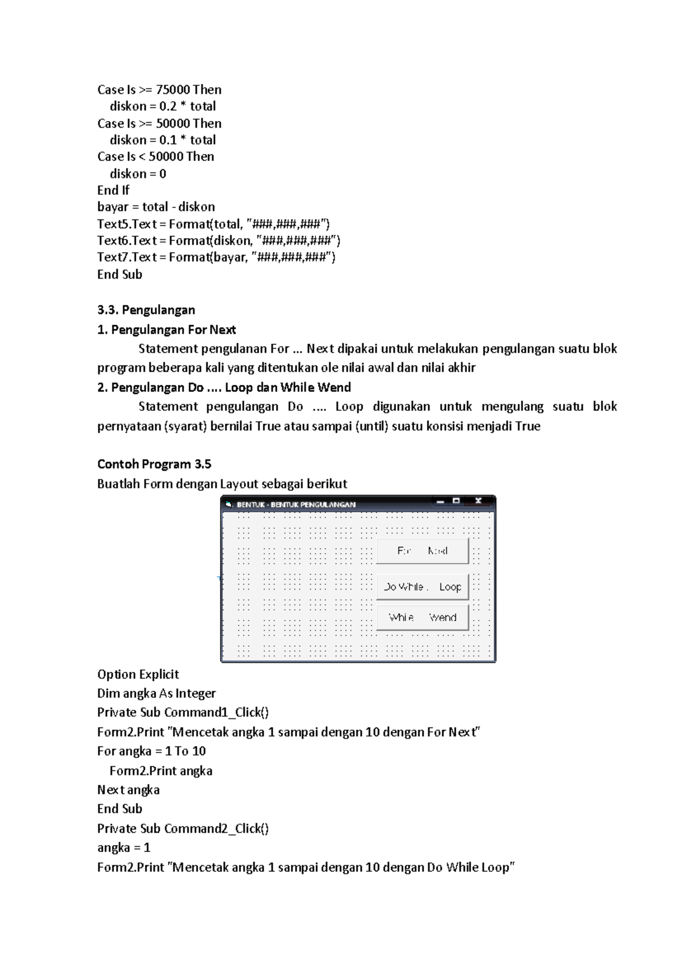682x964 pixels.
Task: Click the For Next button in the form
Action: tap(422, 551)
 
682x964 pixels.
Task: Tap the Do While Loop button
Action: tap(422, 587)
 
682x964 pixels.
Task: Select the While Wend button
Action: tap(422, 618)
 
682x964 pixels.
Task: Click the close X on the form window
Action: tap(479, 501)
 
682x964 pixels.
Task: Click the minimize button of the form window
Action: tap(440, 501)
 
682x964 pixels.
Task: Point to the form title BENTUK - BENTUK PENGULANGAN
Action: tap(296, 504)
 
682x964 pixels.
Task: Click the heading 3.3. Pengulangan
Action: tap(146, 310)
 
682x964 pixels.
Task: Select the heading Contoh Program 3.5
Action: tap(154, 464)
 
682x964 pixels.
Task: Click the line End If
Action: tap(113, 190)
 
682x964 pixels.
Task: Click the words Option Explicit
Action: tap(138, 674)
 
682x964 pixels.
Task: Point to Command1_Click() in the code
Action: tap(216, 712)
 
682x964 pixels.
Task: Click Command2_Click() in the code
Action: tap(216, 828)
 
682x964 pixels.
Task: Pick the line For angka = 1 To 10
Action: tap(151, 751)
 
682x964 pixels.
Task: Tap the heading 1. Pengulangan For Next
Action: tap(167, 330)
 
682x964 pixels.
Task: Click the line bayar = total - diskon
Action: tap(156, 207)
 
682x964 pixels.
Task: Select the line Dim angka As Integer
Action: tap(156, 693)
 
